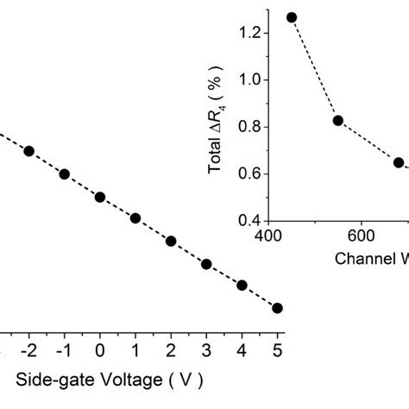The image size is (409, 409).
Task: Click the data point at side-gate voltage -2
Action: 28,151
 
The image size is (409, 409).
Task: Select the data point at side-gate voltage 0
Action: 100,197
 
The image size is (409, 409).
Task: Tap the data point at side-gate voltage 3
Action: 206,264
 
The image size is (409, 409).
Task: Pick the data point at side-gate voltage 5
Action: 277,308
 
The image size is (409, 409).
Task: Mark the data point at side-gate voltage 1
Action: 135,218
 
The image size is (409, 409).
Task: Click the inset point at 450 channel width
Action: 292,17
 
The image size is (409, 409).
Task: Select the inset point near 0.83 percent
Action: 338,120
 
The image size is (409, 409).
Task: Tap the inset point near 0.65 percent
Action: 399,162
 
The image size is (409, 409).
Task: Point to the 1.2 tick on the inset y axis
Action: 248,33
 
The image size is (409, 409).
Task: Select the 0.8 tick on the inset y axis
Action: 248,127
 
